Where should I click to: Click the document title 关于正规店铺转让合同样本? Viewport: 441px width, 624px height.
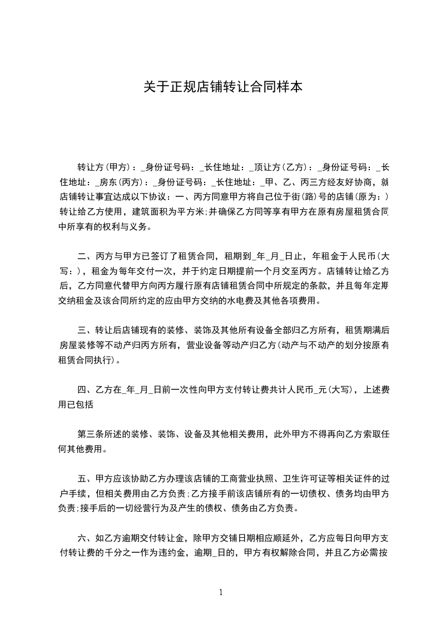coord(222,87)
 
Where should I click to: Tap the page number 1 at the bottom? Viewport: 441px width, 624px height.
coord(221,592)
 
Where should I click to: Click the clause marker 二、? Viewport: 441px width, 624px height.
coord(85,257)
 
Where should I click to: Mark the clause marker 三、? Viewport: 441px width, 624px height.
coord(85,330)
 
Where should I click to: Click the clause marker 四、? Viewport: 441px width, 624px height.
coord(85,390)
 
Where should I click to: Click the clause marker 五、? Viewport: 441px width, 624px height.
coord(85,478)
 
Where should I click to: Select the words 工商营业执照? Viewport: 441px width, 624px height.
coord(242,478)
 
